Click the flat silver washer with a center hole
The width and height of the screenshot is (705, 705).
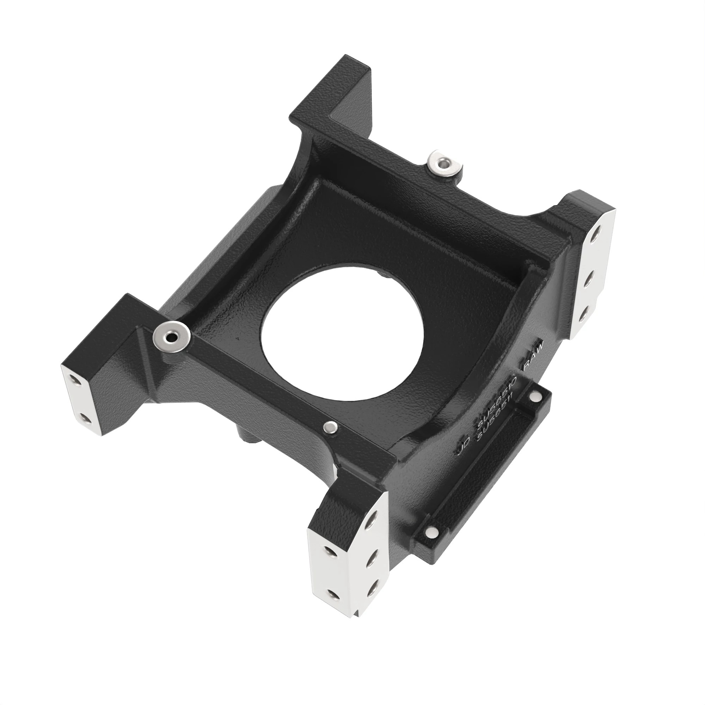(x=171, y=337)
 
